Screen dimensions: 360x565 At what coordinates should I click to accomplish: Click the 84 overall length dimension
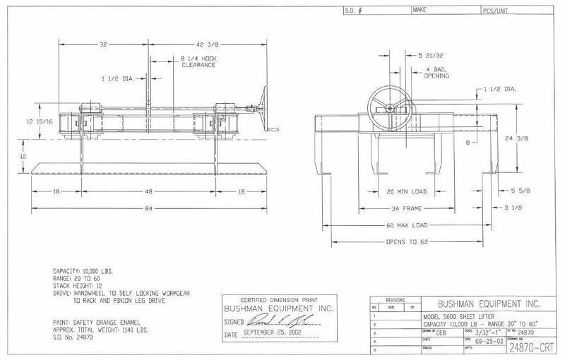click(148, 208)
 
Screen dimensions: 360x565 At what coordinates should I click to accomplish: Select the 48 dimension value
click(148, 191)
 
